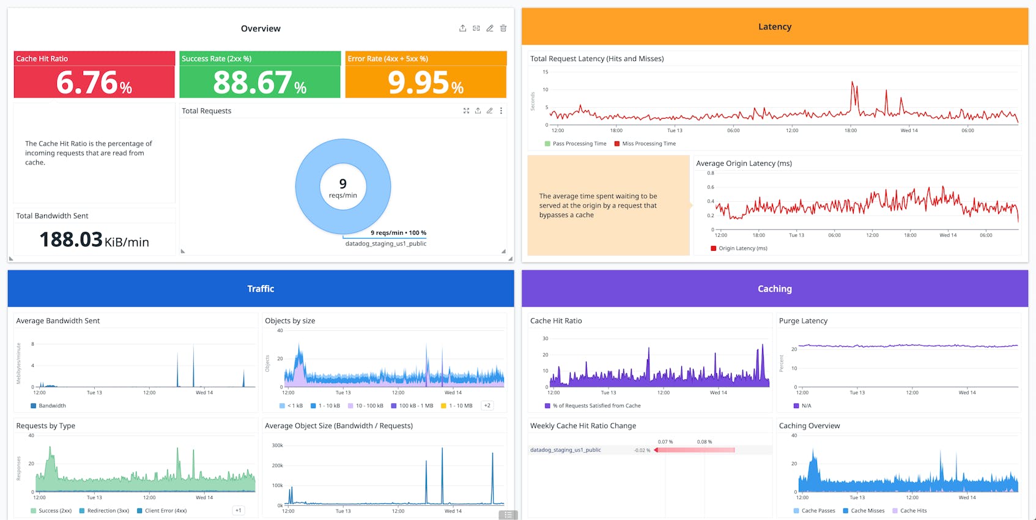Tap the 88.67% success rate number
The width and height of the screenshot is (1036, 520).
[259, 83]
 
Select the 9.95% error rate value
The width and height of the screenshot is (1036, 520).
[426, 83]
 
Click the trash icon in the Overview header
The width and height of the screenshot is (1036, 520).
[503, 28]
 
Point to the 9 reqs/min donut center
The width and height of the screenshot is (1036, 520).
[342, 187]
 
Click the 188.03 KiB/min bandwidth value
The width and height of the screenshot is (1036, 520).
[94, 240]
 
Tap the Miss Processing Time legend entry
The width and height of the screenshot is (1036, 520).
[648, 144]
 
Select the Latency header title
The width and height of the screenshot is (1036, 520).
[774, 27]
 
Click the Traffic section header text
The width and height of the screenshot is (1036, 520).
[261, 289]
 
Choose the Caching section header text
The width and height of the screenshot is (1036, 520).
[774, 289]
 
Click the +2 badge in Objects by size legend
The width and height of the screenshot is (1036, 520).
[487, 406]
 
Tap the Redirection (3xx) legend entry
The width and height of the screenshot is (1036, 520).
[108, 511]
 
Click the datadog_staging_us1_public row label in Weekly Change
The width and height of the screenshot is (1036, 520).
[565, 450]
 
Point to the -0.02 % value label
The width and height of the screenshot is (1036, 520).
[642, 450]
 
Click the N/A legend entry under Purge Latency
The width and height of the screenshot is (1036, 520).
[806, 406]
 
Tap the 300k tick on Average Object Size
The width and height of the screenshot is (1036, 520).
[277, 445]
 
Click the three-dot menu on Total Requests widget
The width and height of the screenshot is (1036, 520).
[501, 111]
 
